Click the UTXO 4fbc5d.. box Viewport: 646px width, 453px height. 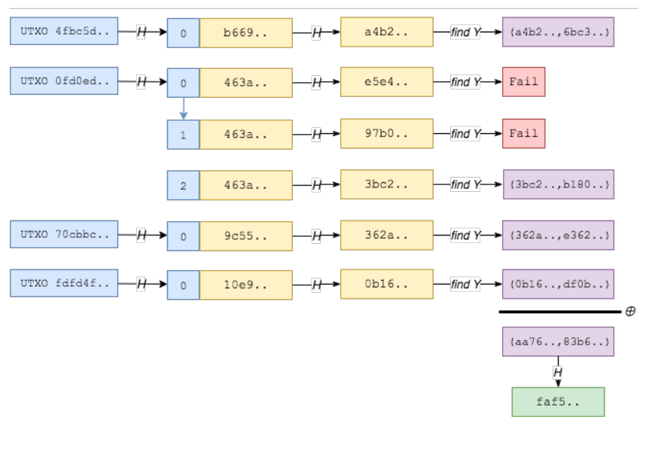(64, 32)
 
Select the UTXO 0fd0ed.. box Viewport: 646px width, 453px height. (64, 81)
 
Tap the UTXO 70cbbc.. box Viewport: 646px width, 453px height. (64, 234)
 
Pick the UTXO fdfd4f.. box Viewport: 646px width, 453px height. (64, 284)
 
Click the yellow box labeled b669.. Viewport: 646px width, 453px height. (245, 33)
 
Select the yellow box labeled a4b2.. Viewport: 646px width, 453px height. (386, 32)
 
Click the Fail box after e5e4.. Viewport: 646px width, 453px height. (523, 81)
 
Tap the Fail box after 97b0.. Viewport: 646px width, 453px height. (523, 133)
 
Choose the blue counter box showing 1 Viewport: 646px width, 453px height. (183, 135)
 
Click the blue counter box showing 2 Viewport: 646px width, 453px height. (183, 185)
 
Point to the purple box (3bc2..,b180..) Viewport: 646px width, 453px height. (558, 184)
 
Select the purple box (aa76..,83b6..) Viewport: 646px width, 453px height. (558, 342)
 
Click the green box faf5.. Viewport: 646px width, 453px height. (558, 402)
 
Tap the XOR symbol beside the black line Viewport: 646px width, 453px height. (630, 312)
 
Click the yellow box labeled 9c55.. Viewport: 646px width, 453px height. (245, 236)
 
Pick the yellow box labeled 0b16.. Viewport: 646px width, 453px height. (386, 284)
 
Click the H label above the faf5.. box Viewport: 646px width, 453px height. (558, 372)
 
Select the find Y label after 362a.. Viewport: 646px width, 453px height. (465, 236)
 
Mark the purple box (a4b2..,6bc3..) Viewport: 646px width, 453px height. (558, 32)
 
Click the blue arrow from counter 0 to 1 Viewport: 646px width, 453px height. (183, 108)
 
